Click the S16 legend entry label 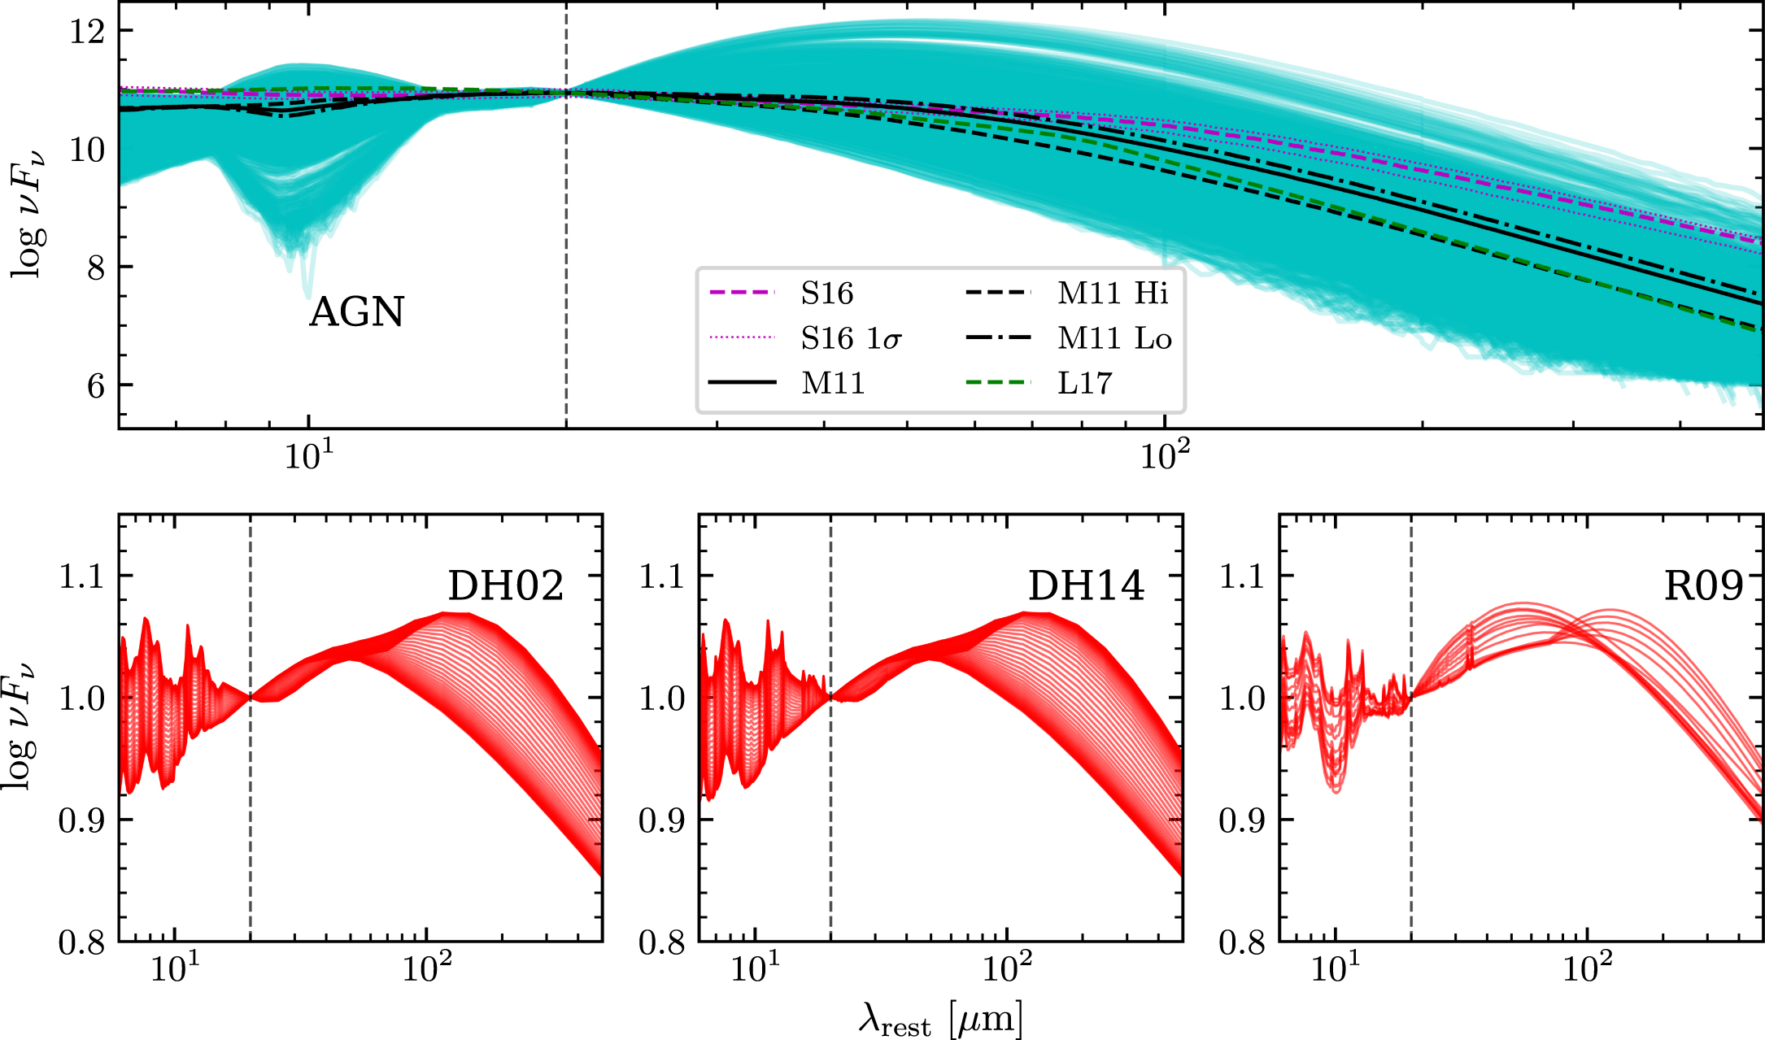tap(826, 293)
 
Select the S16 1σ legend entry tap(851, 338)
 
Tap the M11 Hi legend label tap(1113, 293)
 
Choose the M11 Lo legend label tap(1114, 338)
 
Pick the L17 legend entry tap(1084, 383)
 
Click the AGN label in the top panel tap(356, 312)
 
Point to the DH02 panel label tap(505, 585)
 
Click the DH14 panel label tap(1086, 585)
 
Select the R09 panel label tap(1703, 585)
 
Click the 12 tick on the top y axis tap(87, 32)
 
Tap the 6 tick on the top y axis tap(96, 385)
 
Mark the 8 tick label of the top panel tap(96, 268)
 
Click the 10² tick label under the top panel tap(1165, 455)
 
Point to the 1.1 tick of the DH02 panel tap(82, 577)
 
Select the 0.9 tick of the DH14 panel tap(662, 820)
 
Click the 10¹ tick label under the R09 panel tap(1335, 968)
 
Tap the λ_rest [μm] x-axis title tap(940, 1020)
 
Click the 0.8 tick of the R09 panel tap(1242, 942)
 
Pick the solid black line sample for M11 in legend tap(743, 383)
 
